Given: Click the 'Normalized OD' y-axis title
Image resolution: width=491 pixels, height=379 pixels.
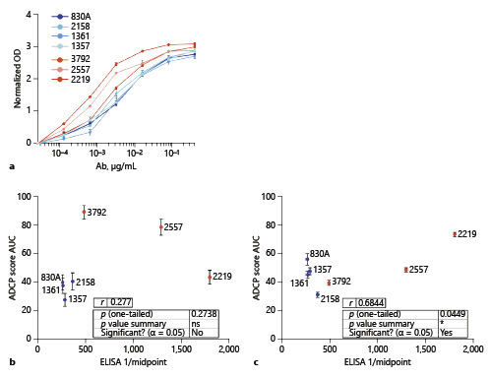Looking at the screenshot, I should click(x=18, y=75).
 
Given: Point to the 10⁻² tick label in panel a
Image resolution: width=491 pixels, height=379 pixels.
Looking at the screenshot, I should click(x=135, y=156).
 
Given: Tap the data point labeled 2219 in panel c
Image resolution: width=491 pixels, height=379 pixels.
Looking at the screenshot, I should click(x=454, y=234).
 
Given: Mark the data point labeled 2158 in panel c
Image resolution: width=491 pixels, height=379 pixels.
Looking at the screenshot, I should click(x=317, y=294).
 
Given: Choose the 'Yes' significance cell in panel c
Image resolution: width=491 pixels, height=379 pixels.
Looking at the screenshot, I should click(x=447, y=332).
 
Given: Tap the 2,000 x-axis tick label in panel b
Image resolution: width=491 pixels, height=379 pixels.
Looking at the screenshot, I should click(x=229, y=347).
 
